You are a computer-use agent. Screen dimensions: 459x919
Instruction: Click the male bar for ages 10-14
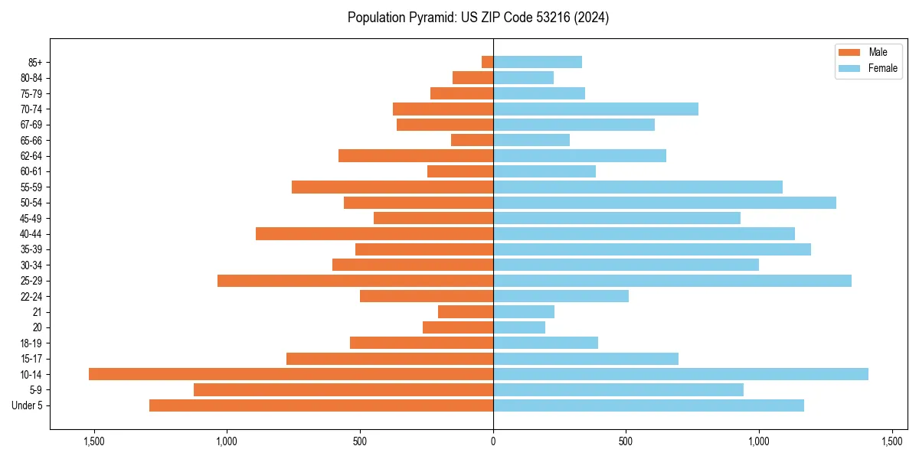click(291, 374)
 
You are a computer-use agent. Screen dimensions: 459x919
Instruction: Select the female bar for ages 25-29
click(672, 281)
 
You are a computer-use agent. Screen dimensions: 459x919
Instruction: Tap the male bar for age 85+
click(487, 62)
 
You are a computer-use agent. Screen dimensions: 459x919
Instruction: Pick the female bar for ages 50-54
click(665, 203)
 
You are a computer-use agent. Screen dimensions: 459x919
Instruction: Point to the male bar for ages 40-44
click(374, 233)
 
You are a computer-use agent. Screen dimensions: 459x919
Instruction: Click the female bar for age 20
click(519, 327)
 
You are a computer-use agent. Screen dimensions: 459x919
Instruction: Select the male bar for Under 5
click(321, 405)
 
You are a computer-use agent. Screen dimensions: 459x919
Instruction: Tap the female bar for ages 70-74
click(596, 109)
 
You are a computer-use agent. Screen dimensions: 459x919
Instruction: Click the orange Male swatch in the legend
click(849, 52)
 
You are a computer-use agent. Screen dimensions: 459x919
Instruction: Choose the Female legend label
click(883, 68)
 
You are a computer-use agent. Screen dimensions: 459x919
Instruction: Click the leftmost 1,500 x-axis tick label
click(94, 441)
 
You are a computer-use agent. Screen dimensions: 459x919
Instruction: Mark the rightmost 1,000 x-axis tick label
click(759, 441)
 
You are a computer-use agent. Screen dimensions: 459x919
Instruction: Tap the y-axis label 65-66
click(31, 140)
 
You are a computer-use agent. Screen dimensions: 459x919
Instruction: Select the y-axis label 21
click(37, 312)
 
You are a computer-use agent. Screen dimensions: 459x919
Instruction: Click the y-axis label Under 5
click(28, 405)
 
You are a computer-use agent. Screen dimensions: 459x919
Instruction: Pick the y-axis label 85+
click(34, 62)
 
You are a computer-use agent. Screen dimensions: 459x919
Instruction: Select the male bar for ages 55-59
click(392, 187)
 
